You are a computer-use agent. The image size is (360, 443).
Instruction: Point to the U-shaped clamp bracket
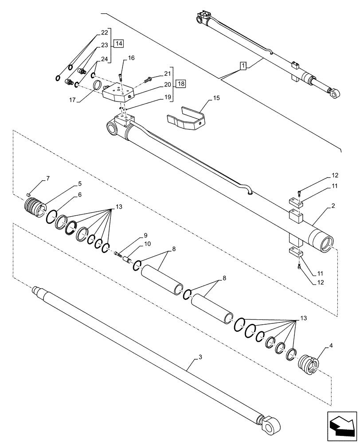coord(186,120)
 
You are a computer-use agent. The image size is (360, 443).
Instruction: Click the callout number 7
coord(48,178)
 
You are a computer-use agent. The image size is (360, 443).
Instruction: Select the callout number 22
coord(104,32)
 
